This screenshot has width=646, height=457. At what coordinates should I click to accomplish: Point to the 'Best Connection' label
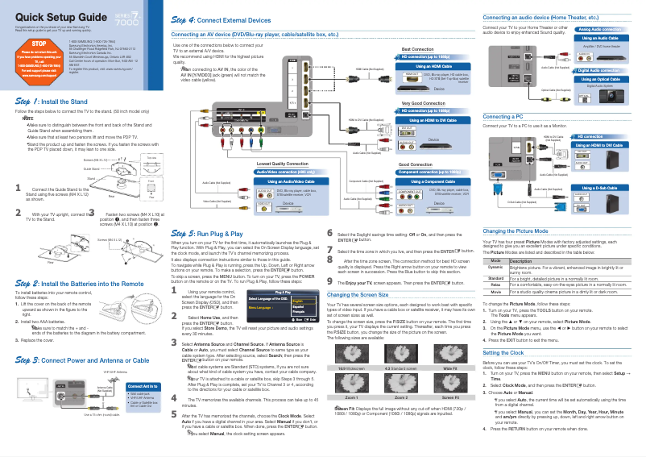tap(417, 49)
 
